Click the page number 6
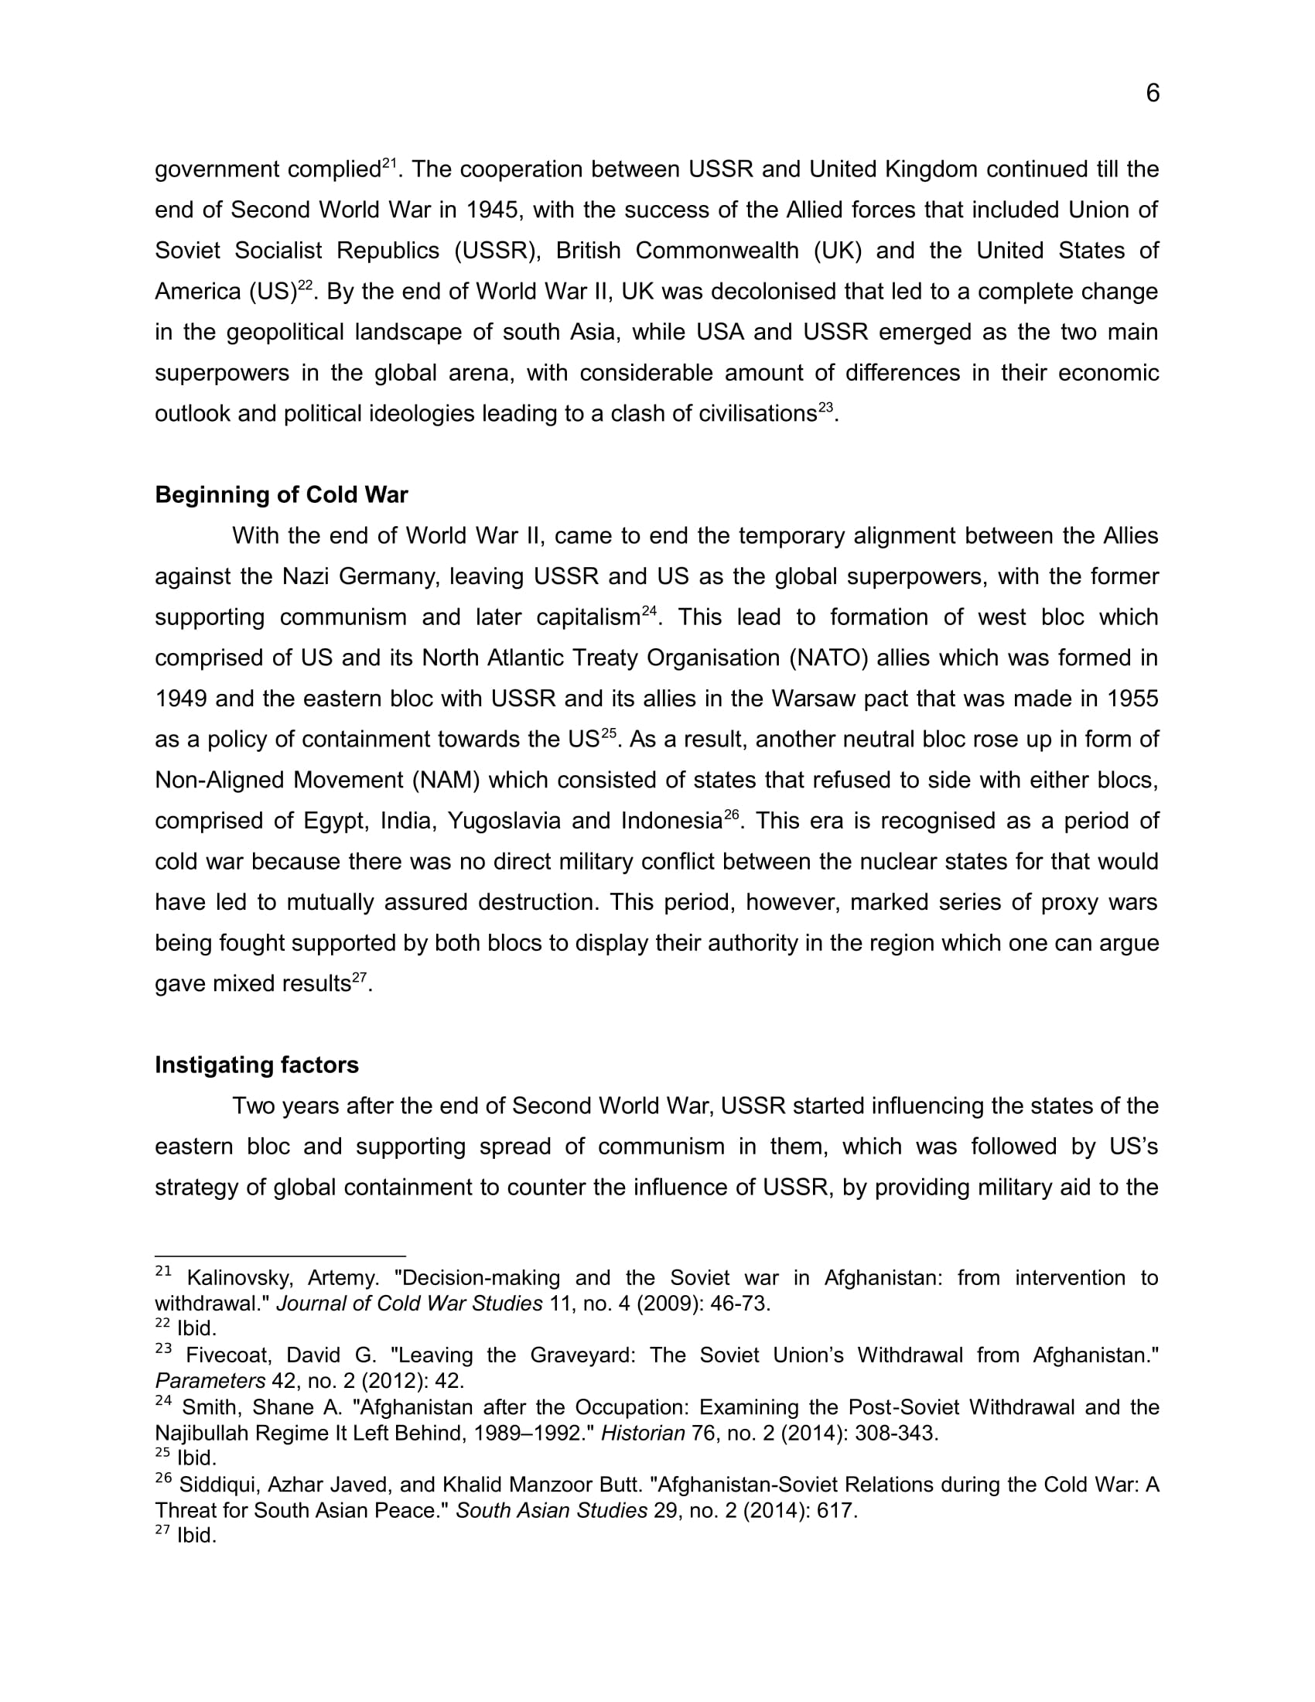(x=1153, y=94)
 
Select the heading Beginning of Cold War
(x=282, y=495)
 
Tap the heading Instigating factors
(x=256, y=1065)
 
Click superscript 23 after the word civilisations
(x=825, y=407)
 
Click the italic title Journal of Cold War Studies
(x=409, y=1304)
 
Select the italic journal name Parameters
(x=210, y=1381)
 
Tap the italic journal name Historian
(x=643, y=1433)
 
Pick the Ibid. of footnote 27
(x=196, y=1536)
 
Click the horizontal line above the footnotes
(x=281, y=1256)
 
